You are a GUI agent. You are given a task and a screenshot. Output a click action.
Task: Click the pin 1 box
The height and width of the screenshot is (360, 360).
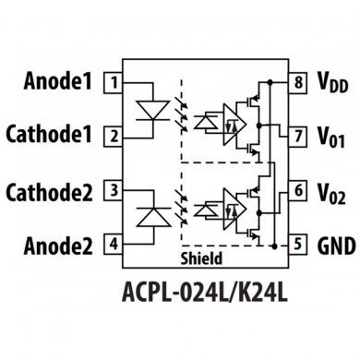tap(113, 83)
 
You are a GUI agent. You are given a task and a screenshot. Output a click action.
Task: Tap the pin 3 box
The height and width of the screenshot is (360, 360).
tap(113, 191)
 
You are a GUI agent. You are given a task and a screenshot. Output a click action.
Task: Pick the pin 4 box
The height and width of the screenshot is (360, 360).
tap(113, 245)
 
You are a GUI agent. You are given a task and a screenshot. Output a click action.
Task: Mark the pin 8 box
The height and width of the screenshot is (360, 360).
tap(298, 83)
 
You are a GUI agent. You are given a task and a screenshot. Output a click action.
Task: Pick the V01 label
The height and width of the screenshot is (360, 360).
tap(331, 138)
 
